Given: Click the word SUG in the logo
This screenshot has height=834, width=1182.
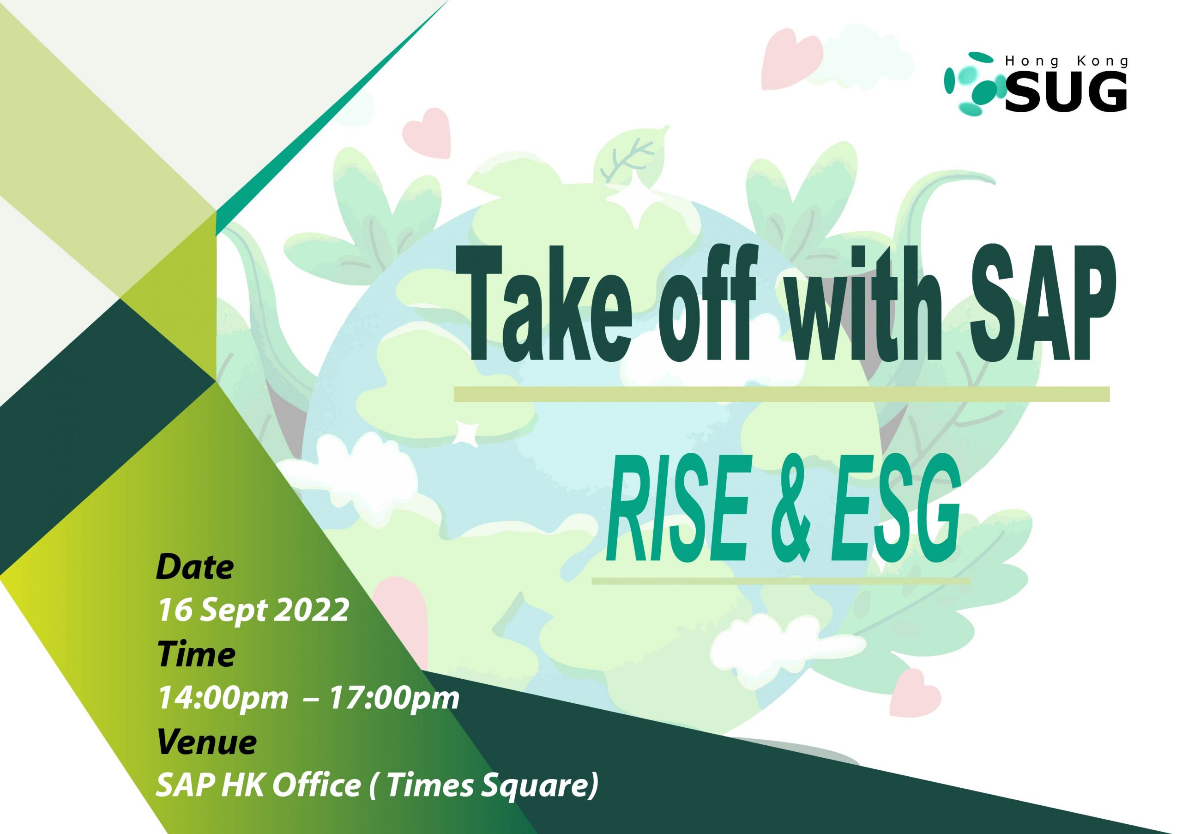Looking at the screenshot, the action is click(x=1065, y=93).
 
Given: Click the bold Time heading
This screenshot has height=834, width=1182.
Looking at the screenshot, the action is click(x=196, y=654).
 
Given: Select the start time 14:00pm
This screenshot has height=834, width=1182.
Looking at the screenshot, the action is click(x=223, y=699).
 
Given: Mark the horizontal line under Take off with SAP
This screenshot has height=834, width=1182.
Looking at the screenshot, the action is click(x=782, y=394).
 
